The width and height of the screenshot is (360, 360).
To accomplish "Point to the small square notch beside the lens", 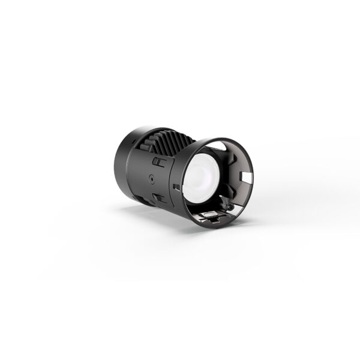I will click(x=175, y=187).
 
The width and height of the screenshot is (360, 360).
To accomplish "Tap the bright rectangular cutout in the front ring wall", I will click(x=247, y=176).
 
